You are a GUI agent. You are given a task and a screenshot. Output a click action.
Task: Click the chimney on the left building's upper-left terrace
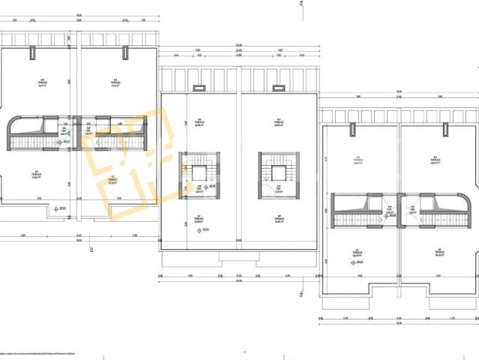click(x=32, y=52)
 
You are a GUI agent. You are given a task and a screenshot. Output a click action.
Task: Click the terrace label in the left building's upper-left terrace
click(x=42, y=82)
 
